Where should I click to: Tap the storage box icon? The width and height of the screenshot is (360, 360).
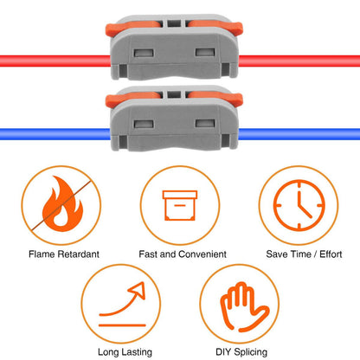pos(180,205)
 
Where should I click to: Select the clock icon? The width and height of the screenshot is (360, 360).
pos(299,205)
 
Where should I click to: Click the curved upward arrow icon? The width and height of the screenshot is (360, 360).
pos(122,305)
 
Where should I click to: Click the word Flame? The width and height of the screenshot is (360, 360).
pos(42,254)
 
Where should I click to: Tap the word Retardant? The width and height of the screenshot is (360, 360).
pos(78,254)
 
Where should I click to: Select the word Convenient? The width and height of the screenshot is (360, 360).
pos(202,254)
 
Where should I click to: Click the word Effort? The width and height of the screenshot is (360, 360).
pos(331,254)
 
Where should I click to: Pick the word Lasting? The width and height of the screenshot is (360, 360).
pos(137,352)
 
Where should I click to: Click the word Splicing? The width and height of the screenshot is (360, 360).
pos(250,352)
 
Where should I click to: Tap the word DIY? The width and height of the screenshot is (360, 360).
pos(223,351)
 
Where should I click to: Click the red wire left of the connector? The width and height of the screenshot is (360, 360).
pos(55,61)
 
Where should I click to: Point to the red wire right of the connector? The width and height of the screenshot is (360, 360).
pos(299,61)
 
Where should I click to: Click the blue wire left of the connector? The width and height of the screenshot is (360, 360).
pos(55,134)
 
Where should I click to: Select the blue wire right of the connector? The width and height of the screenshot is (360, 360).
pos(299,134)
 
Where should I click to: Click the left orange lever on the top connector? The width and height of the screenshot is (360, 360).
pos(132,28)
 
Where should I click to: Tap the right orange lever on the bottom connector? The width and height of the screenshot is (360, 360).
pos(215,99)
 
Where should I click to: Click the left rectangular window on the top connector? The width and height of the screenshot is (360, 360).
pos(144,53)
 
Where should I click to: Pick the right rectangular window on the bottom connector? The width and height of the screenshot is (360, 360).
pos(205,124)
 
